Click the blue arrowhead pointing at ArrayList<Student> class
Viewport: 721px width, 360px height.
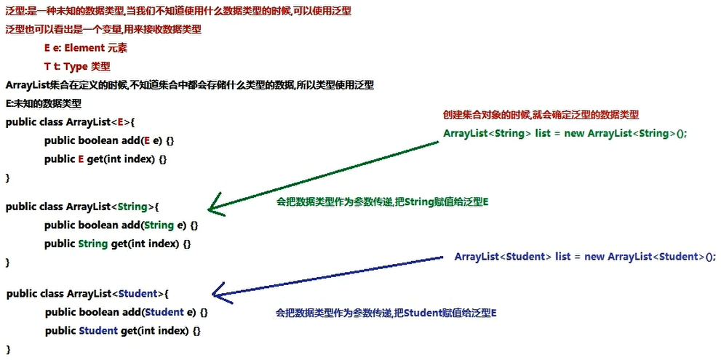218,295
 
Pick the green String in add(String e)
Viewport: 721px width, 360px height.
159,225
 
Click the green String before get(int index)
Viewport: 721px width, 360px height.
93,244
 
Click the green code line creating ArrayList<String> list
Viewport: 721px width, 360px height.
565,134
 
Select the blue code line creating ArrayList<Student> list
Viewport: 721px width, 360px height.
585,256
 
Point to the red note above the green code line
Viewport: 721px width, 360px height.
541,115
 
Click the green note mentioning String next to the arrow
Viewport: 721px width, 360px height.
382,201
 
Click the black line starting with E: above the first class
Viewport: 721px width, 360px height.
43,103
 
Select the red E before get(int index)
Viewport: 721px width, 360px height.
81,159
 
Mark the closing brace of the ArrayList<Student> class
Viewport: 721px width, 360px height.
9,349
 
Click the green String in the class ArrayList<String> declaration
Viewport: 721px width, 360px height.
132,207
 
